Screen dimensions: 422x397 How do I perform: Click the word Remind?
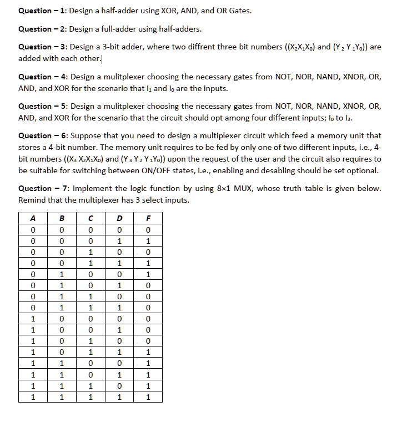[32, 200]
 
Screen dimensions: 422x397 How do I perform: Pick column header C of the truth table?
[91, 218]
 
